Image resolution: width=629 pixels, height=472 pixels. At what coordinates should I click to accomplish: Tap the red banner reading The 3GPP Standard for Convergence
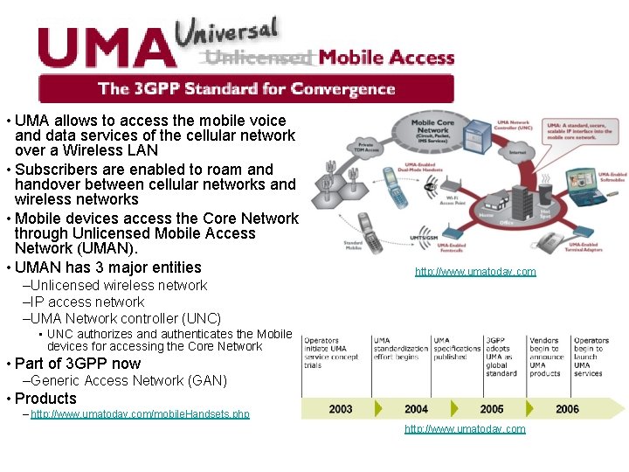(246, 88)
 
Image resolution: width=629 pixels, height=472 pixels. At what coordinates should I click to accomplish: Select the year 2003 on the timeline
(341, 409)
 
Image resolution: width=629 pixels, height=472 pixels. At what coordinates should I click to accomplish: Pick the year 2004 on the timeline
(417, 409)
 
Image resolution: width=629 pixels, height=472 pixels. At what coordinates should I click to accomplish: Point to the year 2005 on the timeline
(492, 409)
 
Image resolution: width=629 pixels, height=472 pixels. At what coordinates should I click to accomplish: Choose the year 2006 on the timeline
(567, 409)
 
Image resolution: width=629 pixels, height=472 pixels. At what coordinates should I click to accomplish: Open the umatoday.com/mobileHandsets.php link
(140, 414)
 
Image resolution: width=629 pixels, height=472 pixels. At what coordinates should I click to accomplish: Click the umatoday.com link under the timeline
(465, 429)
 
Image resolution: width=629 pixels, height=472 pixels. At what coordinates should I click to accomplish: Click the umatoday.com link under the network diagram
(475, 272)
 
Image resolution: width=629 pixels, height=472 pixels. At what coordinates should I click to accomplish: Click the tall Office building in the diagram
(522, 203)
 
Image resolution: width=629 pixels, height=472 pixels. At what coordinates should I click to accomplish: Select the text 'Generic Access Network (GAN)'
(128, 381)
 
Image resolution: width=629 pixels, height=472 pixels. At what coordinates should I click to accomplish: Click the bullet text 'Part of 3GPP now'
(78, 364)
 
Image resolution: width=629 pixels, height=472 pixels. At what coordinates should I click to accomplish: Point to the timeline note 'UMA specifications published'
(457, 349)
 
